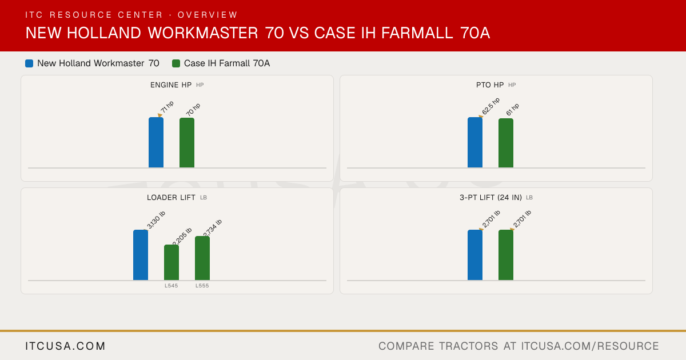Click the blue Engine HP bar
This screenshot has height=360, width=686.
(x=156, y=142)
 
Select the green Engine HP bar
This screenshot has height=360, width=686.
(x=187, y=143)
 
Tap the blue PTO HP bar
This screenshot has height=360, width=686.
(x=475, y=142)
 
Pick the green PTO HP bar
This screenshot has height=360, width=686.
(x=506, y=143)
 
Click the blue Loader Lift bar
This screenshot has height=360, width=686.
(x=141, y=255)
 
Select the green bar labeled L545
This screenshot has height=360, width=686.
(x=171, y=262)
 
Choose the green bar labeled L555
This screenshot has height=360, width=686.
(x=202, y=258)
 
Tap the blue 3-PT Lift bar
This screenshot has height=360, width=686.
(x=475, y=255)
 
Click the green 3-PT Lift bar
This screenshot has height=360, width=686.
(x=506, y=255)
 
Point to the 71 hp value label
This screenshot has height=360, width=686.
(x=167, y=107)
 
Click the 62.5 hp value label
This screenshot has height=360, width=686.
(x=490, y=106)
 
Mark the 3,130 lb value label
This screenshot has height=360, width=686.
(x=156, y=219)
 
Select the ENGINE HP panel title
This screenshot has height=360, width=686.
(x=171, y=85)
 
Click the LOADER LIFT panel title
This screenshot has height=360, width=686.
(x=171, y=198)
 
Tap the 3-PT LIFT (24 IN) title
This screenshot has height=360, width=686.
(x=490, y=198)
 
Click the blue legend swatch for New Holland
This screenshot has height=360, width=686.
(x=29, y=63)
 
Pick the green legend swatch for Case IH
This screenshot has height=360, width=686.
(x=176, y=63)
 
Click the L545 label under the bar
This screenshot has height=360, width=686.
(x=171, y=286)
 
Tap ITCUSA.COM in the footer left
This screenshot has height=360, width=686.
(x=65, y=346)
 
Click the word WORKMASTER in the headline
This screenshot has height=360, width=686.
(x=203, y=33)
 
